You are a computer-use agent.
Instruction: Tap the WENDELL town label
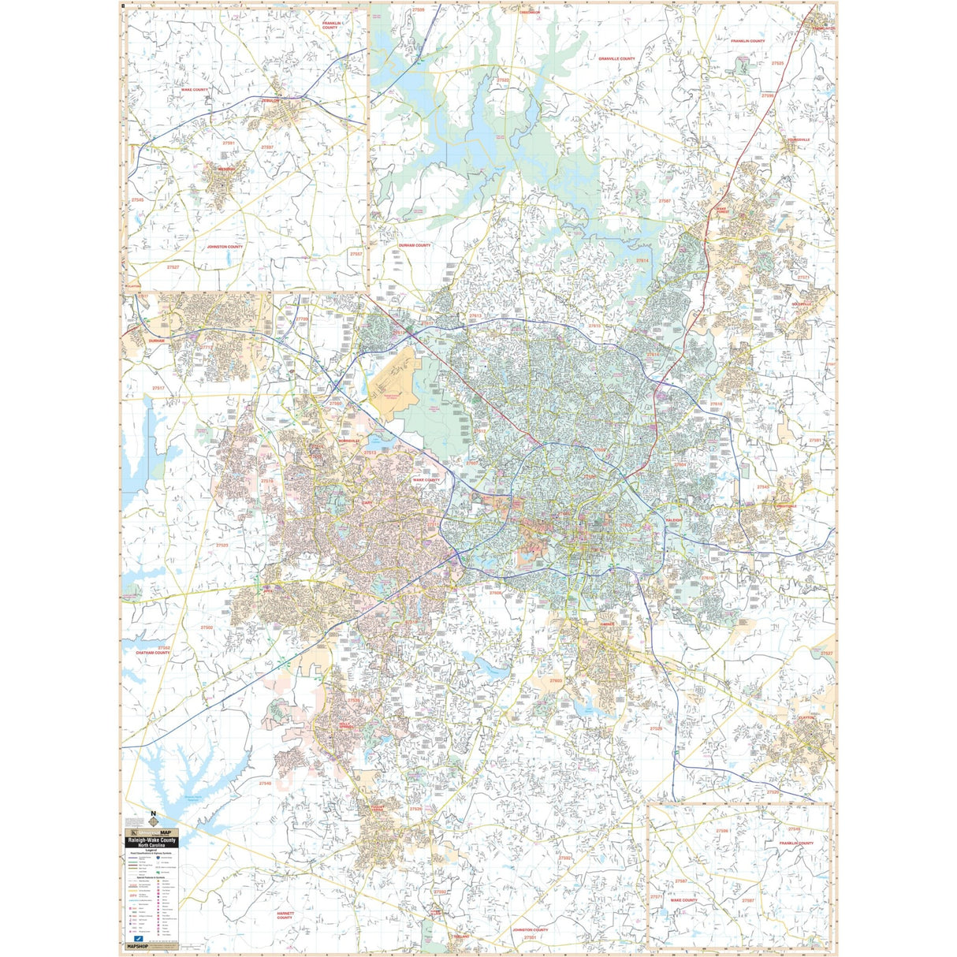227,169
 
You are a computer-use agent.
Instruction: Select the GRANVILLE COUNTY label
616,59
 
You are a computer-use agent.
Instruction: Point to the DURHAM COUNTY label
415,245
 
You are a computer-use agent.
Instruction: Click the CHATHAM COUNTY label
153,653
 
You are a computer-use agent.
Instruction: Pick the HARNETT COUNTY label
285,915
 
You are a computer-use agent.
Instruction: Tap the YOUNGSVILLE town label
797,140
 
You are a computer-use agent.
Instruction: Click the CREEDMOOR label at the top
530,13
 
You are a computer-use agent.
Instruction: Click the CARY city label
345,501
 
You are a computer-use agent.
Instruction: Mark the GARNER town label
606,624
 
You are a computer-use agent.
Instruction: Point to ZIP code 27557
356,254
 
